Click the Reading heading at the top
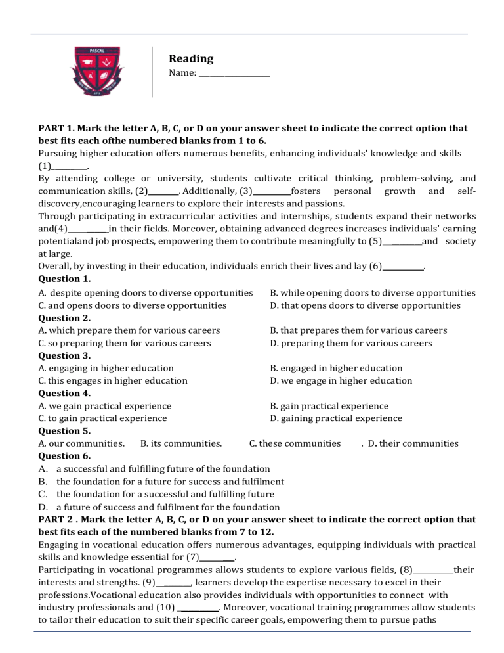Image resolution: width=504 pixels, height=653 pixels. coord(191,59)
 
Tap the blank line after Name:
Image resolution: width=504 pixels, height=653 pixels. coord(234,74)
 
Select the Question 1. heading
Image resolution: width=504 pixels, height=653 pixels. coord(64,279)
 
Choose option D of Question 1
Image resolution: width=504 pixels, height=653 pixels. coord(365,305)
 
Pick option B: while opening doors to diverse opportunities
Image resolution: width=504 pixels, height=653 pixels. coord(373,293)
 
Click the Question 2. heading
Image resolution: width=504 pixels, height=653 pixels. coord(64,318)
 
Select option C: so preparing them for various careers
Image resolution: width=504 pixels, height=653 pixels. coord(125,343)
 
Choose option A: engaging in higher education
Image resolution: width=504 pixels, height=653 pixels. coord(106,368)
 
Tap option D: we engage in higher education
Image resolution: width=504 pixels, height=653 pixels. coord(341,380)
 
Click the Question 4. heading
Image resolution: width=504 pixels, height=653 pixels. coord(64,394)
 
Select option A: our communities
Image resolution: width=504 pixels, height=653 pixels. coord(82,443)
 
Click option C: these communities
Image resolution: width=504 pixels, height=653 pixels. coord(295,443)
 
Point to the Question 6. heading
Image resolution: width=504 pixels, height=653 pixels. coord(64,456)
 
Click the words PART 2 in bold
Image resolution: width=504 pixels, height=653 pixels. coord(60,519)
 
